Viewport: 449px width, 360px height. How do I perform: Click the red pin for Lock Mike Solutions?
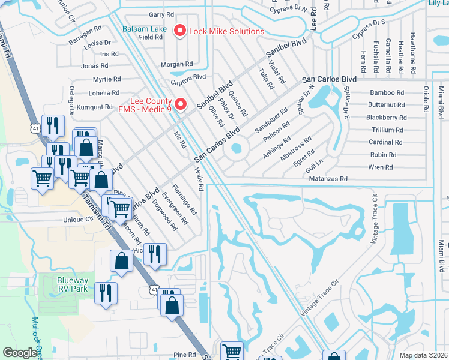[x=178, y=31]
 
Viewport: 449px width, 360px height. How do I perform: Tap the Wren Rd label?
[x=381, y=167]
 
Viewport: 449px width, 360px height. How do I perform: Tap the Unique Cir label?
[x=79, y=220]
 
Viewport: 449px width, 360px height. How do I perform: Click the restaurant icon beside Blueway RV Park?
[x=106, y=293]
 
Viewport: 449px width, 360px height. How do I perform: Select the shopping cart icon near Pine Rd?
[x=232, y=352]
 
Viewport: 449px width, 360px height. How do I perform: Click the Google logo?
[x=20, y=353]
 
